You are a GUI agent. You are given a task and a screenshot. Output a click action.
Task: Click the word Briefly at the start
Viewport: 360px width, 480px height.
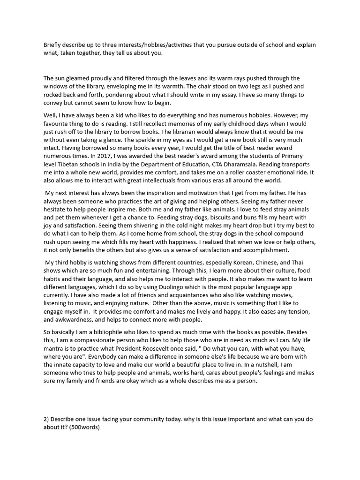53,45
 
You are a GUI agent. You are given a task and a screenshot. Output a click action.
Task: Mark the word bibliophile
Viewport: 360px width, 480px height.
93,332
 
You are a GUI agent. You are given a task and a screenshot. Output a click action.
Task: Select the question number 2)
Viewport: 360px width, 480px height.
46,419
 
